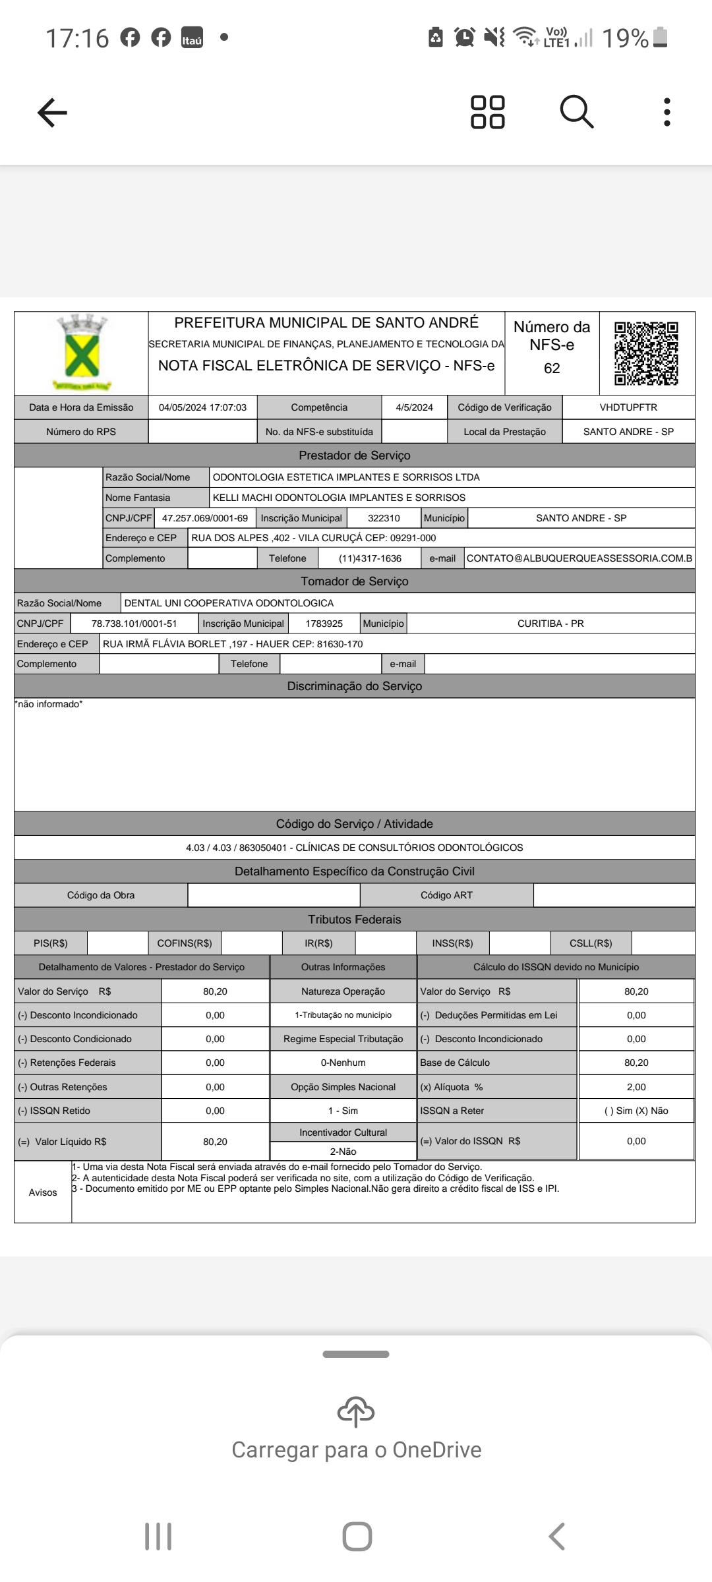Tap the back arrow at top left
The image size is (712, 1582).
pyautogui.click(x=53, y=112)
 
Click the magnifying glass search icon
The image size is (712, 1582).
pyautogui.click(x=577, y=111)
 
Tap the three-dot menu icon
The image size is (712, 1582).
pyautogui.click(x=667, y=112)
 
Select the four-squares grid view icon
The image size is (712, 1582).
pyautogui.click(x=488, y=112)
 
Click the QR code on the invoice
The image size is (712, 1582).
pyautogui.click(x=646, y=353)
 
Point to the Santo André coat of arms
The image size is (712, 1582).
pyautogui.click(x=82, y=352)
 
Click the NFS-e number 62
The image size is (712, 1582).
pyautogui.click(x=552, y=368)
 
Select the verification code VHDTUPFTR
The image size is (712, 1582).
pyautogui.click(x=628, y=407)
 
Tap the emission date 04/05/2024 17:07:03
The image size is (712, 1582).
pyautogui.click(x=202, y=407)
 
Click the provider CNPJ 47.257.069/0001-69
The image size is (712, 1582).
pyautogui.click(x=205, y=518)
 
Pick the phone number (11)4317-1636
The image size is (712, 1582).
pyautogui.click(x=370, y=558)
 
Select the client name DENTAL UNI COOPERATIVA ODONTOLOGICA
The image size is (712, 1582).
pyautogui.click(x=229, y=603)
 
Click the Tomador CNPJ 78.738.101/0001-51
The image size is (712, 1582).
pyautogui.click(x=134, y=624)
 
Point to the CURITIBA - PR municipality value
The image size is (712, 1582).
pyautogui.click(x=550, y=624)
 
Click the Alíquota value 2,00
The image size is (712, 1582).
pyautogui.click(x=636, y=1087)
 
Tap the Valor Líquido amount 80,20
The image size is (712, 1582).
pyautogui.click(x=215, y=1142)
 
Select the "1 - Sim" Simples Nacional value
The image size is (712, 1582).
pyautogui.click(x=343, y=1111)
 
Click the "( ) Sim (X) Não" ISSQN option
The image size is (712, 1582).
pyautogui.click(x=636, y=1111)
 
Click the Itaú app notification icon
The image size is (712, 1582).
pyautogui.click(x=192, y=38)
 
